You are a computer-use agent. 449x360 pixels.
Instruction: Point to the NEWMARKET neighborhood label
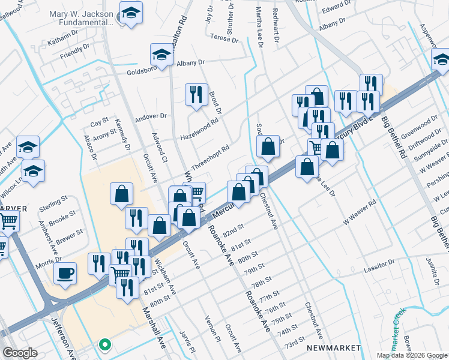pos(333,348)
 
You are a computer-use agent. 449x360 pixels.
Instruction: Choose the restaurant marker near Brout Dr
pos(196,94)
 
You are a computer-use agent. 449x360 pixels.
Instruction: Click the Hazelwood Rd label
pos(199,129)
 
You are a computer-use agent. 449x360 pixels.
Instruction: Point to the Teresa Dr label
pos(225,37)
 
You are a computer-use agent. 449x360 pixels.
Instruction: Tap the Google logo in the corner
pos(20,353)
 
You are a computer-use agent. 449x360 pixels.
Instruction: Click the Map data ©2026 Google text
pos(411,355)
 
